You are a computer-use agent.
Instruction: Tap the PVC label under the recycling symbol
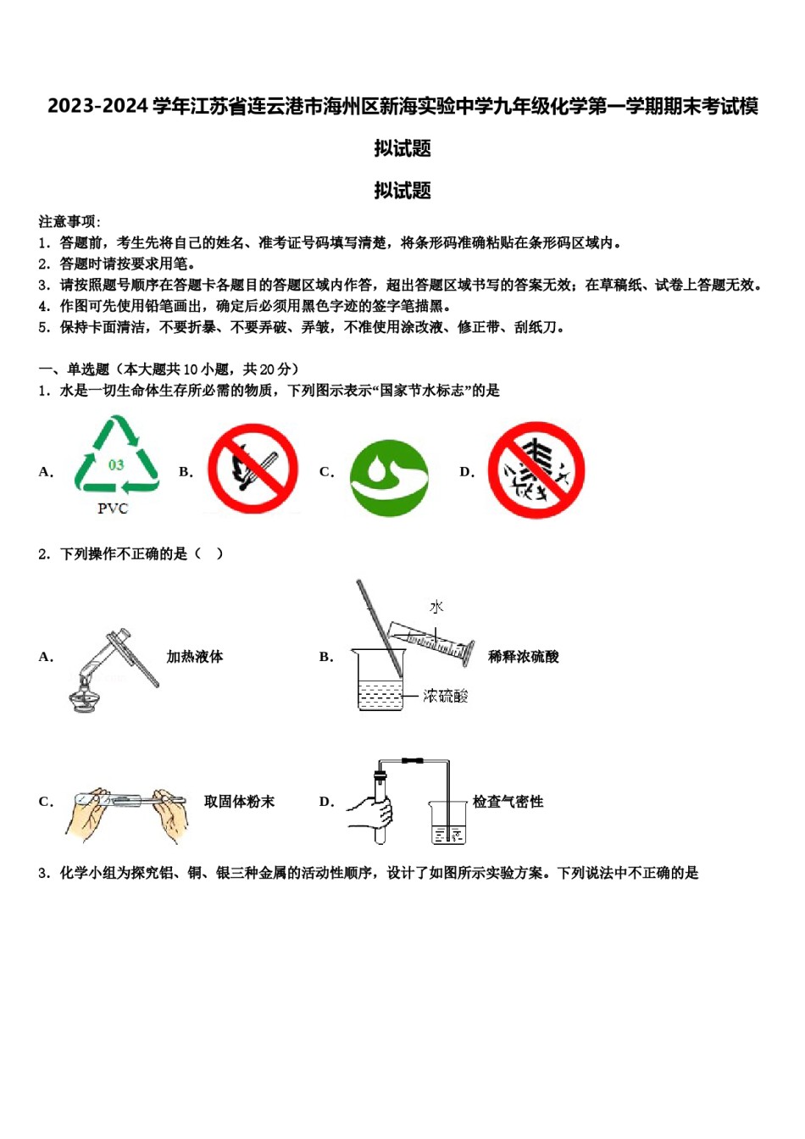(113, 508)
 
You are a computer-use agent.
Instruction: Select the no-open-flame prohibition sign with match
(253, 469)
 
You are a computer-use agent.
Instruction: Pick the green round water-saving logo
(389, 478)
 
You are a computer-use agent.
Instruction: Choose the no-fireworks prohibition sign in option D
(536, 470)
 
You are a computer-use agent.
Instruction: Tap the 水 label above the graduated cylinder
(436, 607)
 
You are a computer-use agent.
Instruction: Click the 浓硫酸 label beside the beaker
(446, 696)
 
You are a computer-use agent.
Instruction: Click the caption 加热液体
(194, 657)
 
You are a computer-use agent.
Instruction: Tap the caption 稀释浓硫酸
(523, 657)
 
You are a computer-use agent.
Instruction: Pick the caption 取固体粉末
(239, 802)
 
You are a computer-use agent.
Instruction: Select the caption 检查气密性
(508, 802)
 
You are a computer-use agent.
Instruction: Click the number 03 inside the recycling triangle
(116, 465)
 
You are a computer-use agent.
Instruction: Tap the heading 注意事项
(69, 222)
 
